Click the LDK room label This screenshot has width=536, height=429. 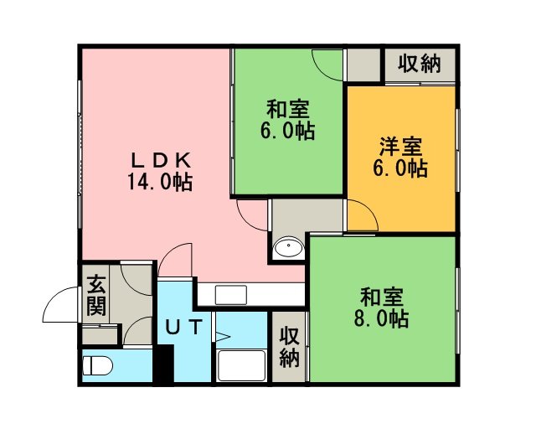(161, 160)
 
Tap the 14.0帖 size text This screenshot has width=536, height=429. (160, 182)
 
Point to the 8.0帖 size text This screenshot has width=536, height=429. (381, 318)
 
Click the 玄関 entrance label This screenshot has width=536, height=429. (95, 295)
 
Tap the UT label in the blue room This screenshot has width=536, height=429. (184, 327)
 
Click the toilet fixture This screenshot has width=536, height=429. (98, 365)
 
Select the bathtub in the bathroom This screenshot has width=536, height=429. (242, 365)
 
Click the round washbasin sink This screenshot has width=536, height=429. (289, 247)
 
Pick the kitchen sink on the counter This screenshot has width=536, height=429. (231, 295)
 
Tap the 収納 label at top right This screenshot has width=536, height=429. (419, 64)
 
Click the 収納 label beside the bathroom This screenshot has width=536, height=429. (289, 347)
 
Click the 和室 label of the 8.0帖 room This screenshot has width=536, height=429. (382, 297)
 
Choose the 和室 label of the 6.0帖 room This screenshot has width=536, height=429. (288, 109)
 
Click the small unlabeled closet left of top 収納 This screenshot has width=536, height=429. (363, 65)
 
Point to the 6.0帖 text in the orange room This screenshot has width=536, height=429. (400, 168)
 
